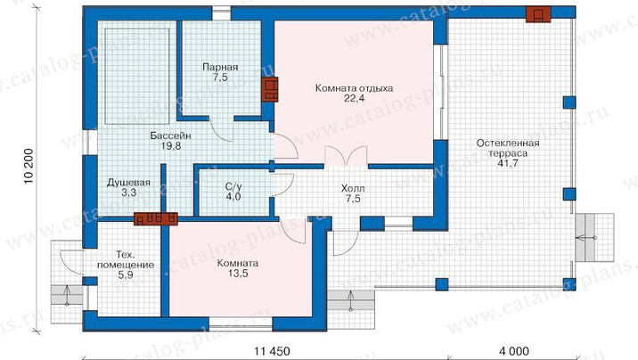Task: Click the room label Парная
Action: pos(220,67)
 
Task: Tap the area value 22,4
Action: pos(354,98)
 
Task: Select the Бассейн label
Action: pos(170,135)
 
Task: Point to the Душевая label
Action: pos(128,183)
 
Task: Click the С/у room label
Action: pos(233,187)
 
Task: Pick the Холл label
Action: pos(353,189)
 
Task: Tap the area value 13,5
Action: pos(238,274)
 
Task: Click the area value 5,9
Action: pos(126,275)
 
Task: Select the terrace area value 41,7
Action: pos(508,164)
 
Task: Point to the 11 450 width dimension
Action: pos(272,351)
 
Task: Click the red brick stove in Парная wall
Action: pos(269,89)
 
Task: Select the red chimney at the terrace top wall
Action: pos(538,15)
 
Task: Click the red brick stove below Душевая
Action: pos(156,219)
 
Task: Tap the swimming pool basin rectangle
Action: pos(137,76)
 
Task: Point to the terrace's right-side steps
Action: pos(594,238)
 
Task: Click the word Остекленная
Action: pos(508,143)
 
